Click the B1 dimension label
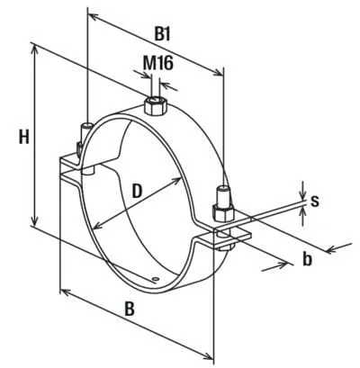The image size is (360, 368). coord(163,35)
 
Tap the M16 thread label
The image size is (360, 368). coord(157,63)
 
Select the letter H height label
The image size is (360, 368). coord(24,138)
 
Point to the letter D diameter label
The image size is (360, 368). coord(137,192)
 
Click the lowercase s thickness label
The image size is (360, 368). coord(314,202)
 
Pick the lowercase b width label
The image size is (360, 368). coord(307,259)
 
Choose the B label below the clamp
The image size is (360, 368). coord(130,309)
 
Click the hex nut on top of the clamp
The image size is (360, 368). coord(156,106)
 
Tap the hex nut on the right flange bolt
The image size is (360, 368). coord(223,212)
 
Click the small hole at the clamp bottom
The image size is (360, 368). coord(156,280)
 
